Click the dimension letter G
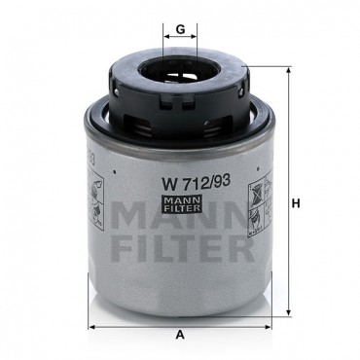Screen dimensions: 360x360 coord(180,29)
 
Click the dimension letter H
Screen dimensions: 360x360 coord(296,203)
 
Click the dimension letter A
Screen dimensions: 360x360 coord(180,335)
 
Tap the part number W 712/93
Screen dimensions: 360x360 coord(197,183)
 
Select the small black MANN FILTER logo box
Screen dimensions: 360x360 coord(182,203)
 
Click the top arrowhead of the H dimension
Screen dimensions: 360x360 coord(289,70)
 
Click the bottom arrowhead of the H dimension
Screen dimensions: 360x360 coord(289,312)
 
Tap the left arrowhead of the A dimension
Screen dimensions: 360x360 coord(92,327)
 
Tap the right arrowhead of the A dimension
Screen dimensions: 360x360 coord(268,327)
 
